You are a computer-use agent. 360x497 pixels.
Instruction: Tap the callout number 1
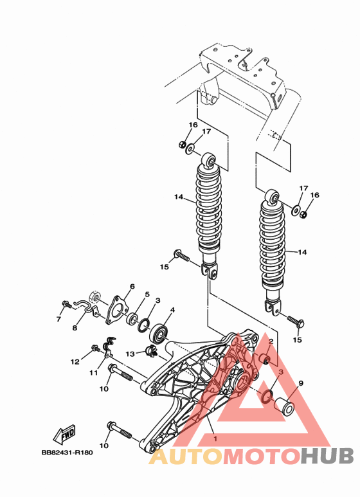point(215,439)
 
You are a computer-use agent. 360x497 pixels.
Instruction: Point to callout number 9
point(300,383)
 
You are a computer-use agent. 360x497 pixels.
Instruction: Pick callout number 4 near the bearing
point(172,310)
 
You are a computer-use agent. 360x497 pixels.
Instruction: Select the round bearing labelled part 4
point(158,334)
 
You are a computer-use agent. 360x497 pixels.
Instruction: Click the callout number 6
point(132,286)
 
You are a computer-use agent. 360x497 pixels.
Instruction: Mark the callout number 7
point(59,318)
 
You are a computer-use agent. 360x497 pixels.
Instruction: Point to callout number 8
point(75,327)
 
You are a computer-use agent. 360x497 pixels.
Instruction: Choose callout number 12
point(75,362)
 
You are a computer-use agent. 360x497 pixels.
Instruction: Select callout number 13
point(130,353)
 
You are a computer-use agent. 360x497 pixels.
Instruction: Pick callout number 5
point(147,294)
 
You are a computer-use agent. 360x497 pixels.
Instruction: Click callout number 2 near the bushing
point(272,343)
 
